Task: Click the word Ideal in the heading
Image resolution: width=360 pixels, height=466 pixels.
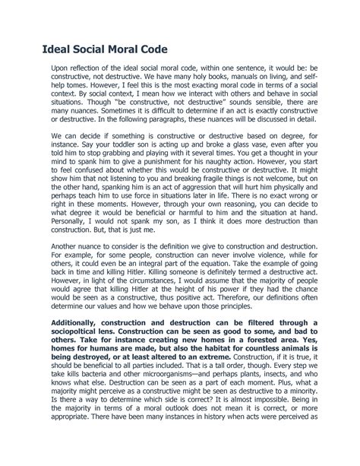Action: tap(58, 50)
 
